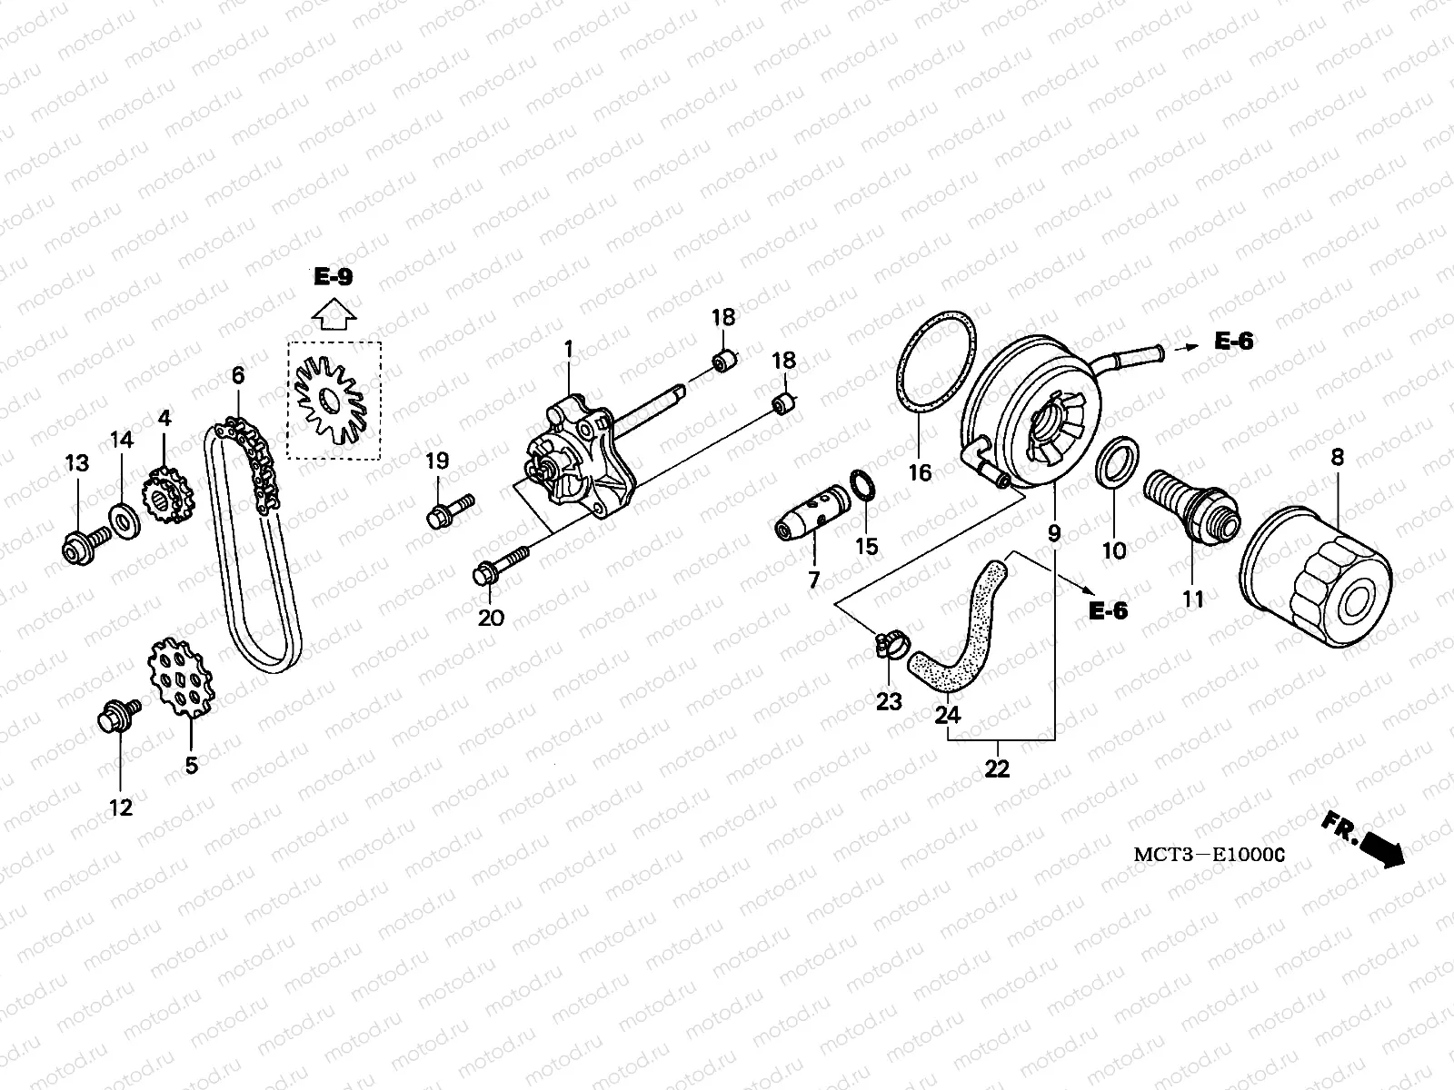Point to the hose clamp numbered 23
(887, 645)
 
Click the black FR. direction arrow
(1382, 848)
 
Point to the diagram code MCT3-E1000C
(1208, 855)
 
